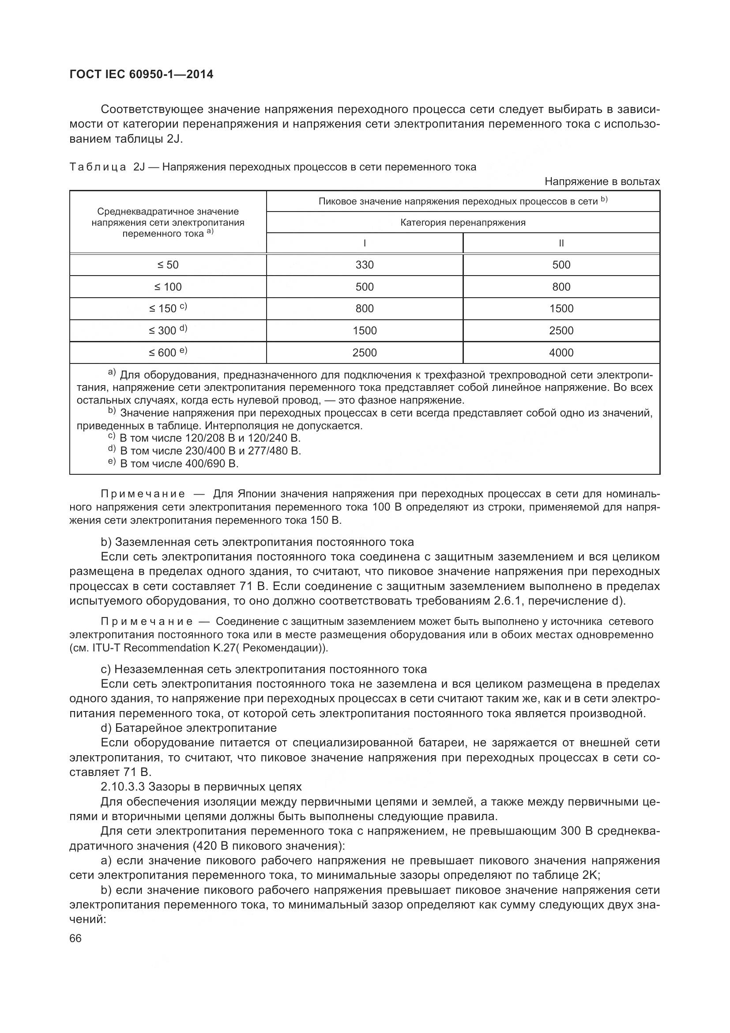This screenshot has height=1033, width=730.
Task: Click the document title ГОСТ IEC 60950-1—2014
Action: pyautogui.click(x=142, y=74)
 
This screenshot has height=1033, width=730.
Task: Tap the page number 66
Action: pyautogui.click(x=75, y=938)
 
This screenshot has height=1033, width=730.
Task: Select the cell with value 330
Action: pyautogui.click(x=364, y=265)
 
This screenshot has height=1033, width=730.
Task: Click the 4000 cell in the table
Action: pyautogui.click(x=561, y=353)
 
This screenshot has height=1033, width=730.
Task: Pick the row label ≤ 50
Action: pyautogui.click(x=168, y=265)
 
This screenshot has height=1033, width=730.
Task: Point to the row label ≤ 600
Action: pyautogui.click(x=168, y=353)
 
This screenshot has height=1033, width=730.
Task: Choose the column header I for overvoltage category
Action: pyautogui.click(x=364, y=243)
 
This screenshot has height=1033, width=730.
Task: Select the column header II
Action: pyautogui.click(x=561, y=243)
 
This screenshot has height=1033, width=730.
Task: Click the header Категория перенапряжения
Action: pyautogui.click(x=463, y=222)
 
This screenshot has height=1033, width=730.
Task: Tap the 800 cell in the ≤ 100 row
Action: pyautogui.click(x=561, y=287)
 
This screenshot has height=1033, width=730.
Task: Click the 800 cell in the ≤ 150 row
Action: pyautogui.click(x=364, y=309)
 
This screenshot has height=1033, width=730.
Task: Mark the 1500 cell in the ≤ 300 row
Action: pyautogui.click(x=364, y=331)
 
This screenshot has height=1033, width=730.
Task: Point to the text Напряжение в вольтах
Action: pyautogui.click(x=602, y=182)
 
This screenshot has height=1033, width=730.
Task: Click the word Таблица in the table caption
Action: pyautogui.click(x=98, y=167)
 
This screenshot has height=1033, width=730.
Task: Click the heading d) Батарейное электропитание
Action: pyautogui.click(x=189, y=728)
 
